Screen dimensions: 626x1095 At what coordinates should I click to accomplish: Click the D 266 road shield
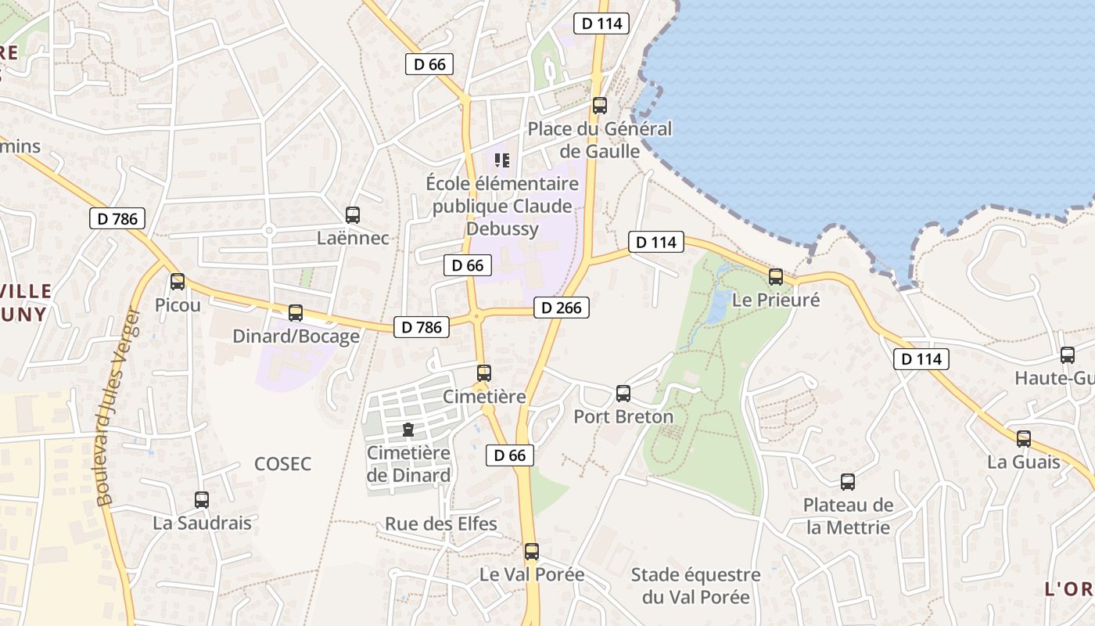(x=562, y=308)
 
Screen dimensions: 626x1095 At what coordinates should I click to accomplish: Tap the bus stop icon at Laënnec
(x=353, y=214)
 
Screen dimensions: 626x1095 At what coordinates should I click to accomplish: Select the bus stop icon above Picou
(x=178, y=282)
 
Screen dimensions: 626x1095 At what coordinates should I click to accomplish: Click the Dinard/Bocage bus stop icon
(x=296, y=313)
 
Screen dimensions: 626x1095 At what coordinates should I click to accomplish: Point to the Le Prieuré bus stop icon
(x=776, y=276)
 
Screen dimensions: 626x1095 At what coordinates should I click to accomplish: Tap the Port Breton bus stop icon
(x=623, y=393)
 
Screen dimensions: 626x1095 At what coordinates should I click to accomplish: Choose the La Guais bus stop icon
(x=1024, y=438)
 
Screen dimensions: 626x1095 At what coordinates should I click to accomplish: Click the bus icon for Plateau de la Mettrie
(x=848, y=482)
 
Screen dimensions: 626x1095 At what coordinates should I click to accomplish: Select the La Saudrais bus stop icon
(x=202, y=499)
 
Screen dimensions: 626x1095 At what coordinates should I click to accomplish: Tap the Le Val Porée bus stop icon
(x=532, y=551)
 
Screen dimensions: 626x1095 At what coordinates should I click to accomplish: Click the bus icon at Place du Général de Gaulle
(x=600, y=105)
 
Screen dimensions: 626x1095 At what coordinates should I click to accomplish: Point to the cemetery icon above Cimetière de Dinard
(x=407, y=430)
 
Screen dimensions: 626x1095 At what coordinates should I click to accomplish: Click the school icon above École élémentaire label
(x=502, y=161)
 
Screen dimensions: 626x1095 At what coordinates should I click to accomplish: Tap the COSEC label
(x=283, y=464)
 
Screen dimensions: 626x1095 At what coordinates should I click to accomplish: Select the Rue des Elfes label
(x=441, y=523)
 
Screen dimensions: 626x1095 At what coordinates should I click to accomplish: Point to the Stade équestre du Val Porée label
(x=695, y=586)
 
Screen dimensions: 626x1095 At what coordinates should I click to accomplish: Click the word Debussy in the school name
(x=503, y=228)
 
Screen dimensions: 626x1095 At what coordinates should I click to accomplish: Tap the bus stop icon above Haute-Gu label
(x=1068, y=355)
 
